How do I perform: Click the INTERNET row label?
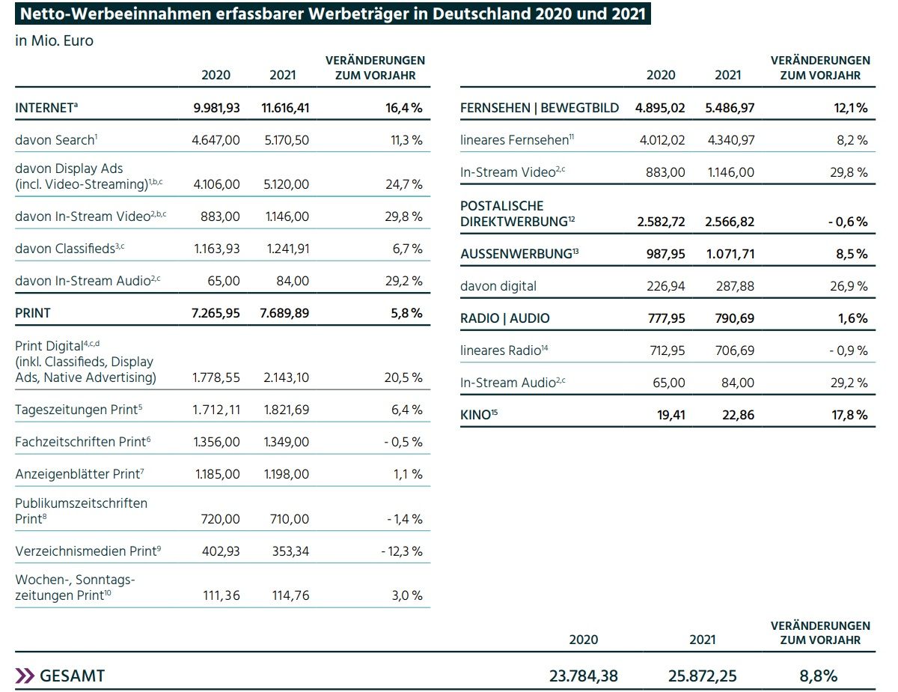tap(46, 108)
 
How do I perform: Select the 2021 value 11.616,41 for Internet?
tap(285, 108)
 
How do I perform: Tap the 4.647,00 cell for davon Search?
tap(216, 140)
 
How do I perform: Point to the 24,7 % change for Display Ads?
tap(404, 184)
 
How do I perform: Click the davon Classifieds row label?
tap(70, 249)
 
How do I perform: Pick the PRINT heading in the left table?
tap(33, 313)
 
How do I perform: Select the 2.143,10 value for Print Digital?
tap(287, 377)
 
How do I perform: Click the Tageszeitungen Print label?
tap(79, 410)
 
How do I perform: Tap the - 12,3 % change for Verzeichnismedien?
tap(402, 551)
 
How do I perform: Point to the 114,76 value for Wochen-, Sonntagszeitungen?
tap(290, 595)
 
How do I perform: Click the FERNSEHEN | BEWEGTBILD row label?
tap(540, 108)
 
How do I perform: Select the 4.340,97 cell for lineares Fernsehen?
tap(731, 140)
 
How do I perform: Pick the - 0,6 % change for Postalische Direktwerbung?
tap(848, 222)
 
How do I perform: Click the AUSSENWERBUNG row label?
tap(519, 253)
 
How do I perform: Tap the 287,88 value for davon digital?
tap(735, 286)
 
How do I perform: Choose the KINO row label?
tap(479, 415)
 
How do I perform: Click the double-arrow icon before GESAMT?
tap(25, 676)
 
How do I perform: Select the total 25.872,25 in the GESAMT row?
tap(702, 676)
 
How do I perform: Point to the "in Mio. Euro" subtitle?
tap(54, 41)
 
